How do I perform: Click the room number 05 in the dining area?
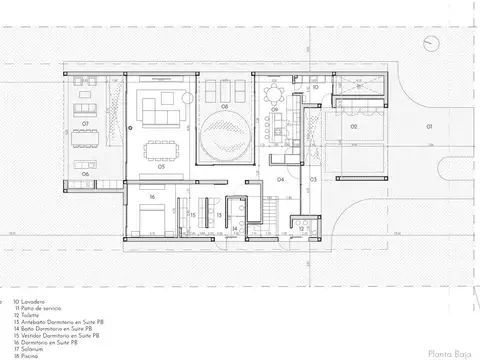tap(161, 169)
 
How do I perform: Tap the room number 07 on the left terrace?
tap(86, 125)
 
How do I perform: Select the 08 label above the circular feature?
tap(225, 106)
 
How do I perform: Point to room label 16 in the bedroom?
tap(152, 197)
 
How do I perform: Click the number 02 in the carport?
tap(353, 128)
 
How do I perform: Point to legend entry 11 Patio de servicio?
tap(39, 306)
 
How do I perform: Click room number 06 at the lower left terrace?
tap(86, 174)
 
